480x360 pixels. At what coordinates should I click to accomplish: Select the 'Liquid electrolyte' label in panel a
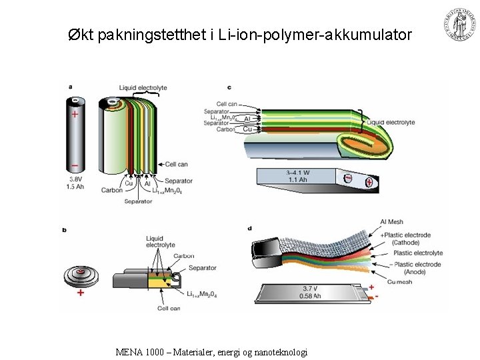coord(143,87)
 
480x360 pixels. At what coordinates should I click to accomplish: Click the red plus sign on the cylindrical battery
coord(75,114)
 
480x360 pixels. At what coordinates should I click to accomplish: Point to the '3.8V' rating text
coord(76,179)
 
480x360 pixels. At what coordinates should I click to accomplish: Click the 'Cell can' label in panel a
coord(176,163)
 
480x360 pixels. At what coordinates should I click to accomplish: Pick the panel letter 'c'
coord(229,87)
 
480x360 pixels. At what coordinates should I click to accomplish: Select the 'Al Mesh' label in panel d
coord(391,222)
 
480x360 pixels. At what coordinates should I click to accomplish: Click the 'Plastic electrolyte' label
coord(418,253)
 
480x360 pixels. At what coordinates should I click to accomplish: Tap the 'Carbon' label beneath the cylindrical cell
coord(112,190)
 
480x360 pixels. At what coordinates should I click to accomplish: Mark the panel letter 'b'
coord(64,230)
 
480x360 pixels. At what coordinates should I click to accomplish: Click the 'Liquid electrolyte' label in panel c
coord(391,123)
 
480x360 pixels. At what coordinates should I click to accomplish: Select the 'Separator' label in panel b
coord(202,268)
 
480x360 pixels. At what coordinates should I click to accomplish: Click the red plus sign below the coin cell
coord(81,293)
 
